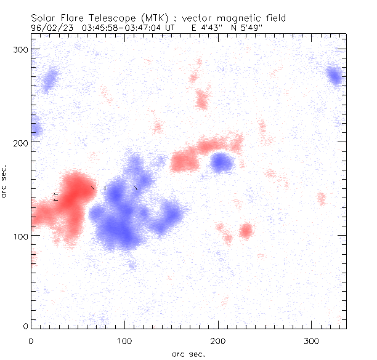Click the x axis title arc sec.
188,354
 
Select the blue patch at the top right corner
334,76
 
